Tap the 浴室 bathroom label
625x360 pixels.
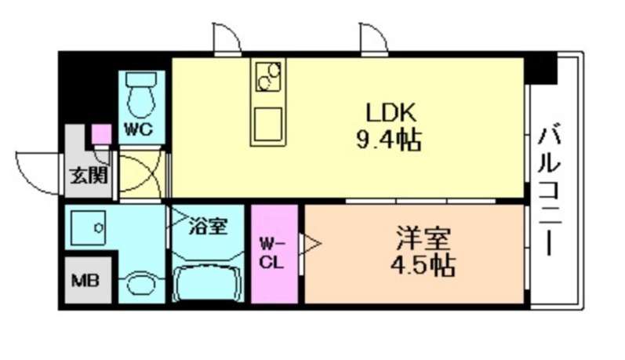point(209,227)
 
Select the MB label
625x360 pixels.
point(82,278)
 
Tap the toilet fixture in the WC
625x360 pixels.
point(142,96)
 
